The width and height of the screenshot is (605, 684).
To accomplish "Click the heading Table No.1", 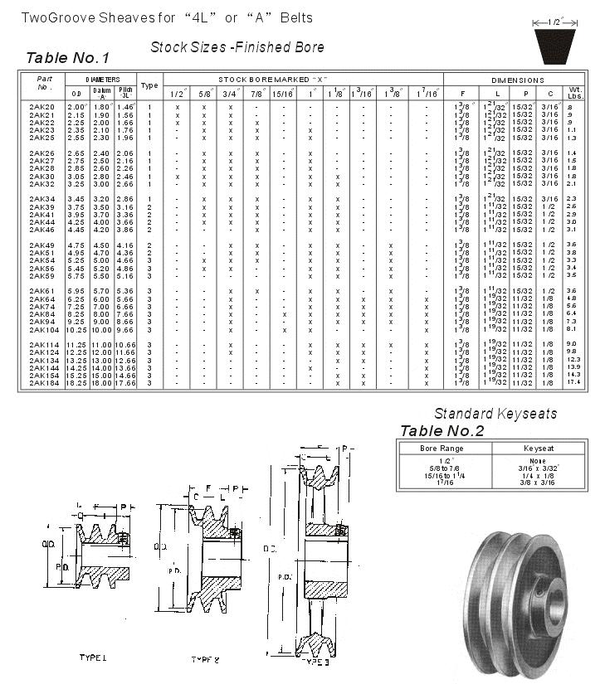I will pos(67,58).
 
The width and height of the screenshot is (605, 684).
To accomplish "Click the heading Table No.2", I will pos(442,430).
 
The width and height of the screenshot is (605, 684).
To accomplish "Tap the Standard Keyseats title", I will pos(486,414).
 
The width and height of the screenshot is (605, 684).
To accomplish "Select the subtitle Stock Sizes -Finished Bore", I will pos(237,47).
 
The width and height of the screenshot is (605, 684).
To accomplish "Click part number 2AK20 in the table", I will pos(41,107).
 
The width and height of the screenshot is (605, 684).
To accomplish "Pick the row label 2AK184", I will pos(43,383).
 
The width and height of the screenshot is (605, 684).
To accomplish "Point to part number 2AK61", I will pos(41,291).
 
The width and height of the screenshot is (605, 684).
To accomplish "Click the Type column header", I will pos(149,85).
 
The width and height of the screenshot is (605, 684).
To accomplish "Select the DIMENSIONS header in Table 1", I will pos(517,80).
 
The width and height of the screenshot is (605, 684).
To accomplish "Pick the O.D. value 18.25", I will pos(76,383).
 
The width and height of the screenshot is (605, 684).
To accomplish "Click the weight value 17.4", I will pos(573,383).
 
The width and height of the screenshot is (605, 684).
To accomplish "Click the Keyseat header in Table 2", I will pos(537,449).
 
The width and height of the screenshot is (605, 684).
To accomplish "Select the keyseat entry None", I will pos(537,461).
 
